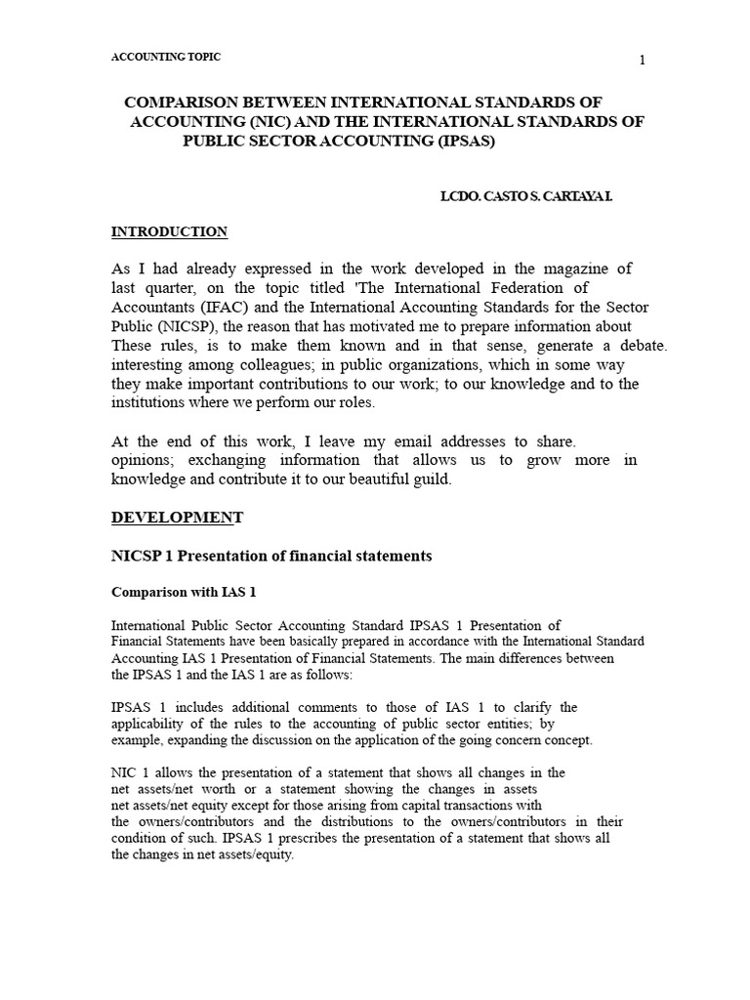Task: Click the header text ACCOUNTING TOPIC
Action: (x=166, y=58)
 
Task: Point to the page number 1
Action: (x=642, y=61)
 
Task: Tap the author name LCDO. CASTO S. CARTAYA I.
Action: (x=526, y=196)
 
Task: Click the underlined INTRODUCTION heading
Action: (x=169, y=231)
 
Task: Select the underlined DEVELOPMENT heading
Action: (x=177, y=517)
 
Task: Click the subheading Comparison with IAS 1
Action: (x=184, y=592)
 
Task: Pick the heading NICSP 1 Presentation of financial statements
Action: (x=271, y=556)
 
